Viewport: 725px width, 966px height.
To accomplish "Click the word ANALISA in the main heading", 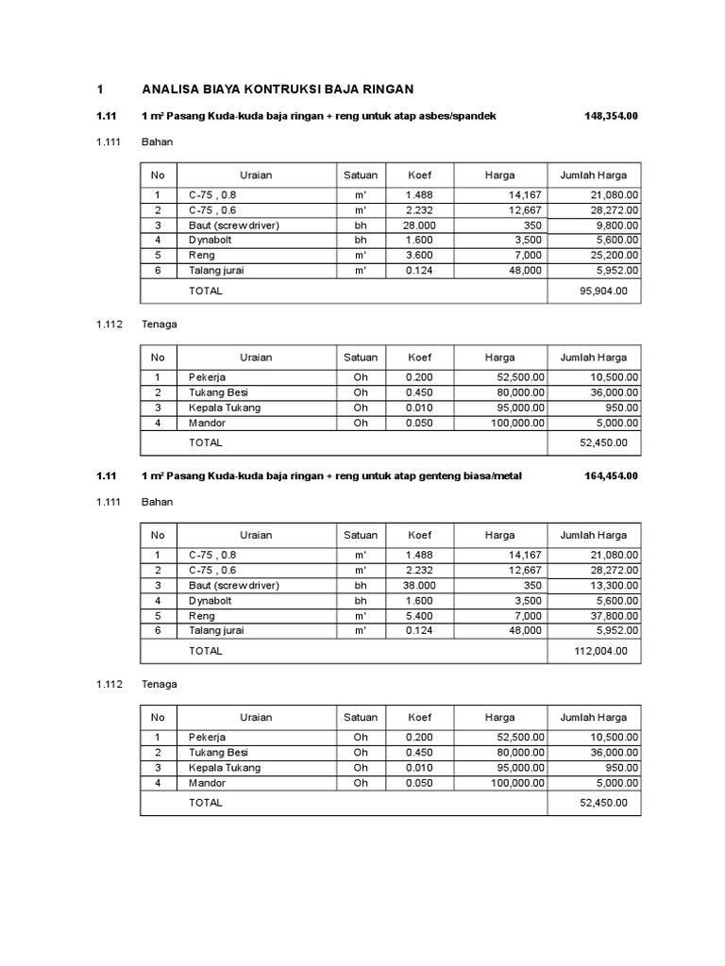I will click(x=168, y=90).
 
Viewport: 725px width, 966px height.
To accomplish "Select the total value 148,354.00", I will click(x=611, y=116).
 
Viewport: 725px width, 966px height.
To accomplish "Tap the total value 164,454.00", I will click(x=611, y=476).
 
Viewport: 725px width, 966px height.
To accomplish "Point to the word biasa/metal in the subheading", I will click(x=490, y=476).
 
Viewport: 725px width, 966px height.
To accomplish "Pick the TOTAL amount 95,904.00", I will click(x=605, y=291).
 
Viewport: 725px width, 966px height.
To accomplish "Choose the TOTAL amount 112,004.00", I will click(x=602, y=651).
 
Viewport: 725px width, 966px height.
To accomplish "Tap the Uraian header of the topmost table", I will click(x=256, y=175).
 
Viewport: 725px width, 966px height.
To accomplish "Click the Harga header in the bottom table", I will click(x=499, y=718).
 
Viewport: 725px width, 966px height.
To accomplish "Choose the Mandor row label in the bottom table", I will click(x=207, y=782).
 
